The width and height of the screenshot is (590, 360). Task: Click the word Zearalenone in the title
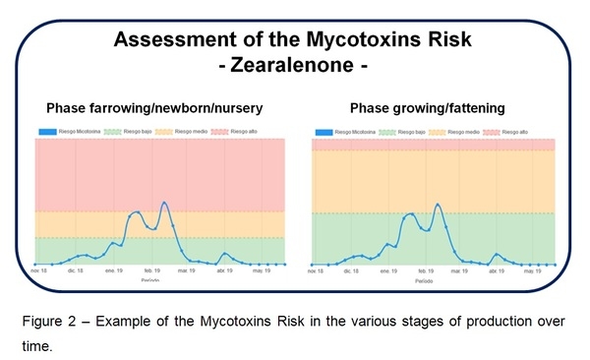(x=296, y=68)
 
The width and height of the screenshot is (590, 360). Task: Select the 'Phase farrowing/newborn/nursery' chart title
(x=156, y=107)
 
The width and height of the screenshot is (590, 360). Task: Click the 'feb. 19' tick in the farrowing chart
(x=152, y=270)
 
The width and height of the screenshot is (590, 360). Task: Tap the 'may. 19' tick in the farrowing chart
(x=261, y=270)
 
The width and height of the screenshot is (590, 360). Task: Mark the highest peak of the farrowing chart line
(x=164, y=203)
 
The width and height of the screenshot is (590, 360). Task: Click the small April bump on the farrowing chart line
(x=224, y=254)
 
